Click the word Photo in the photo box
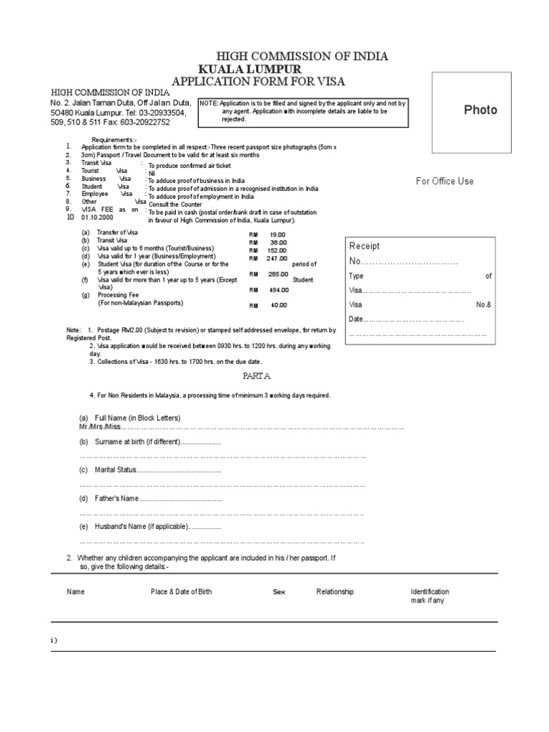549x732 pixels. click(480, 110)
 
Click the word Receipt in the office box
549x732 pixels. click(365, 246)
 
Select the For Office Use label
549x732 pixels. click(445, 182)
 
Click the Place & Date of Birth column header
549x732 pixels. click(181, 592)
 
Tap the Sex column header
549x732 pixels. click(279, 592)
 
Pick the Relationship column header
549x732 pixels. click(335, 592)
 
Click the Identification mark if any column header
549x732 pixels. click(430, 596)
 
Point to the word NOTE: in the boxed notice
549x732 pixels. click(209, 104)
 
